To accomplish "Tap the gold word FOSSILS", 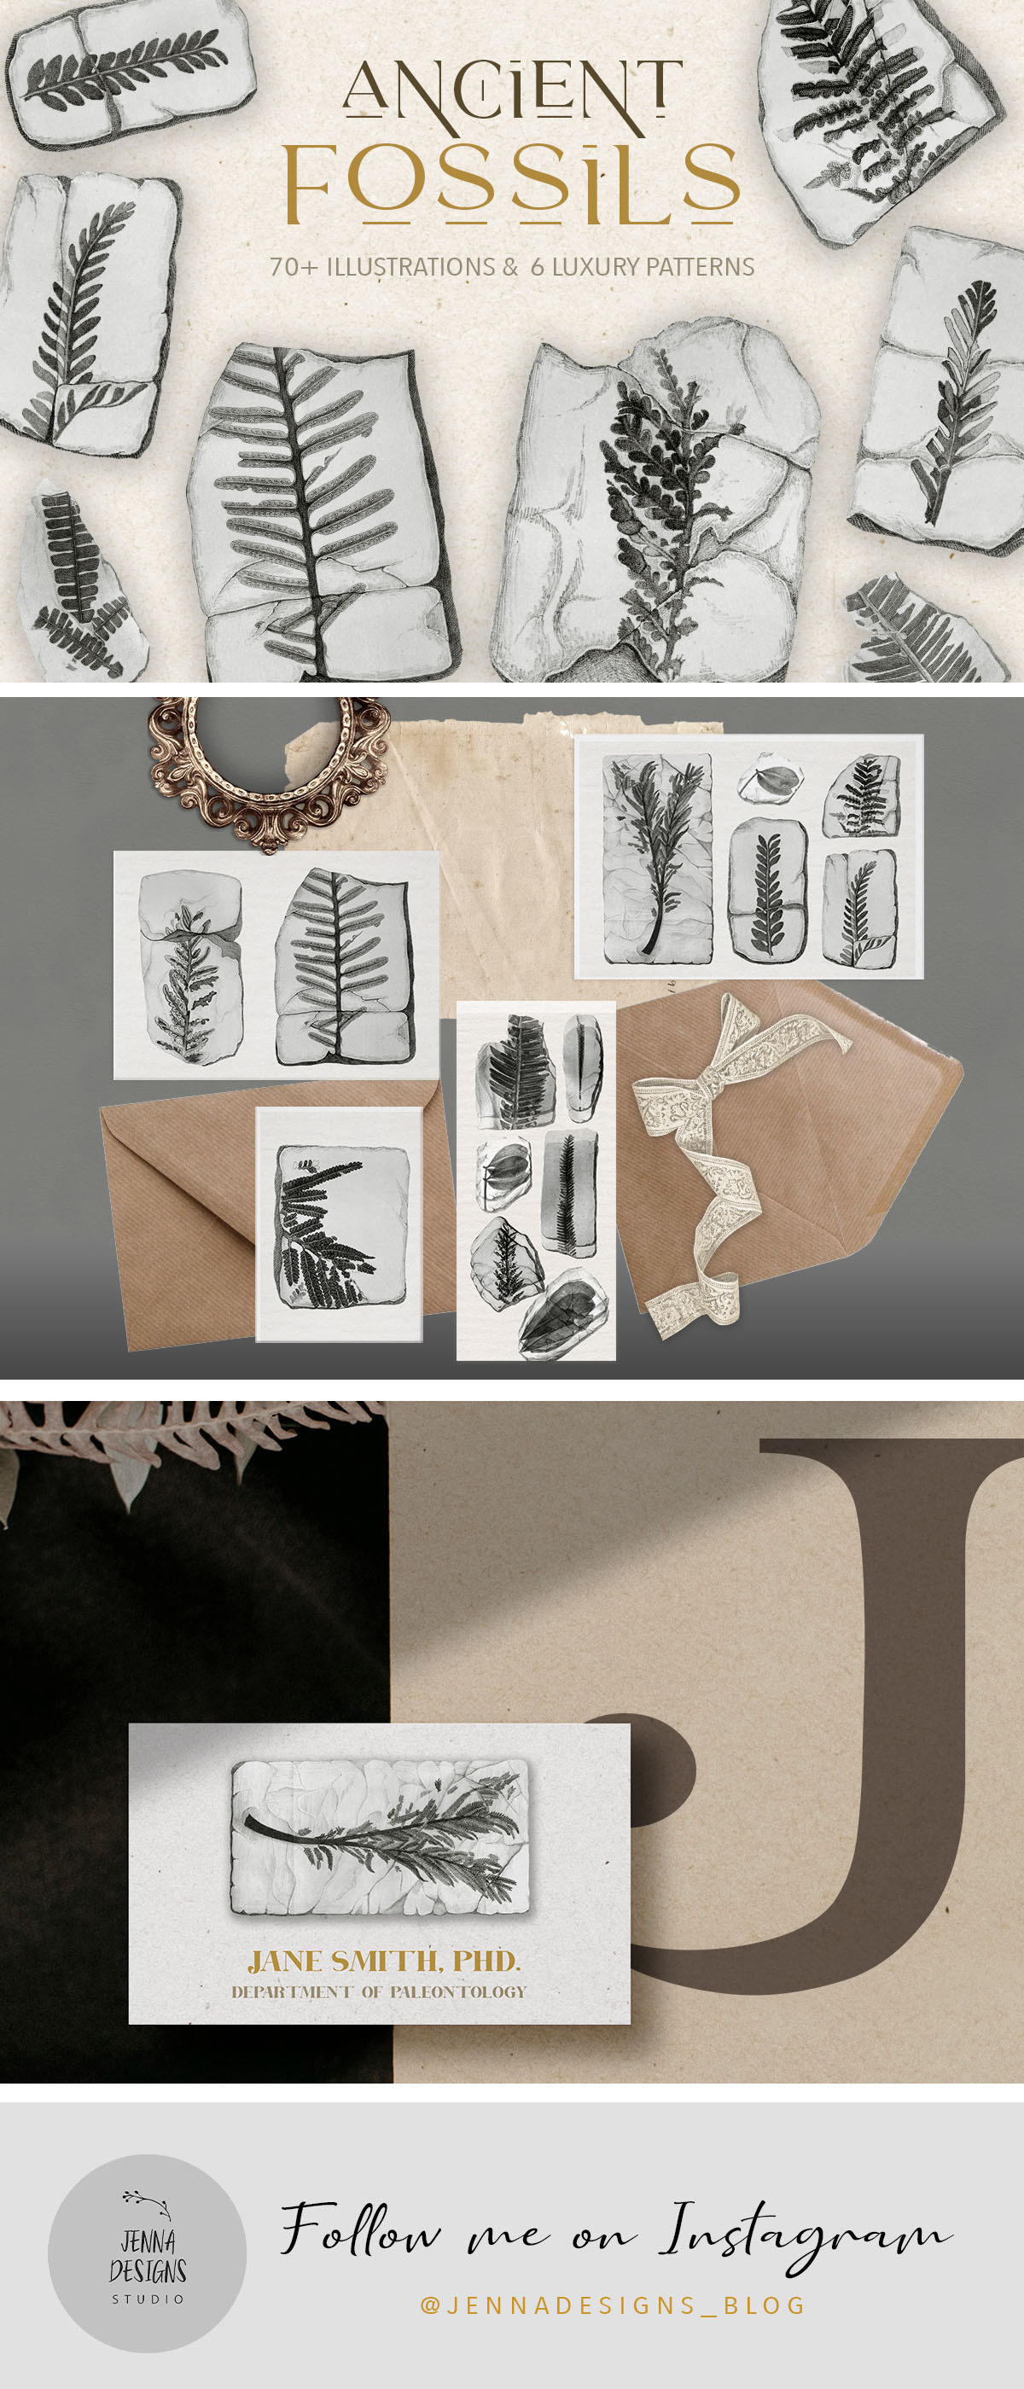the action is coord(512,182).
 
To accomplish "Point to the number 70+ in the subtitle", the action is coord(293,267).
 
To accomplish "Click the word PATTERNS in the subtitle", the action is coord(701,267).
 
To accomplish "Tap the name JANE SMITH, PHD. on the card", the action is coord(384,1961).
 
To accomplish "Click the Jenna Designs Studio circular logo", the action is coord(147,2253).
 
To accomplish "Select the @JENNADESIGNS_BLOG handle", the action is coord(613,2305).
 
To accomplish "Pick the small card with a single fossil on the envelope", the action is coord(340,1224).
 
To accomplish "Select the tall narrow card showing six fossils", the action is coord(536,1181).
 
